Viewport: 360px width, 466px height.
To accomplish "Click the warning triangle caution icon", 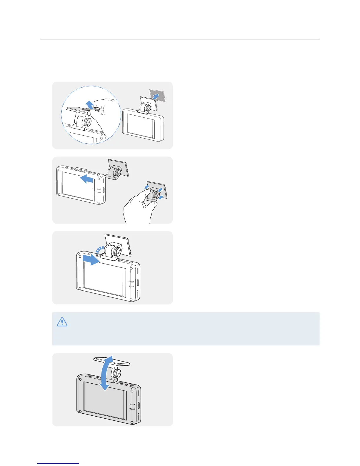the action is pyautogui.click(x=62, y=322).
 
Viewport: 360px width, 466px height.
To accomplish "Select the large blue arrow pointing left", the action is pyautogui.click(x=87, y=179).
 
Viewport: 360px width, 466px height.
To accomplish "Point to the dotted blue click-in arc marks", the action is pyautogui.click(x=99, y=250).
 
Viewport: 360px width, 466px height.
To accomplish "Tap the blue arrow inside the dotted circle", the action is pyautogui.click(x=89, y=104).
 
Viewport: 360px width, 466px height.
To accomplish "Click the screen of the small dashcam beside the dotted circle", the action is pyautogui.click(x=141, y=125).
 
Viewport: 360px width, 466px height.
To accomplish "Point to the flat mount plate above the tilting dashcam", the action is pyautogui.click(x=112, y=361).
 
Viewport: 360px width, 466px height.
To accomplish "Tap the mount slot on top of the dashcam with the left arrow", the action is pyautogui.click(x=80, y=169).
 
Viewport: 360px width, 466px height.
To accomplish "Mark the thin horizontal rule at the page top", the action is pyautogui.click(x=180, y=39).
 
